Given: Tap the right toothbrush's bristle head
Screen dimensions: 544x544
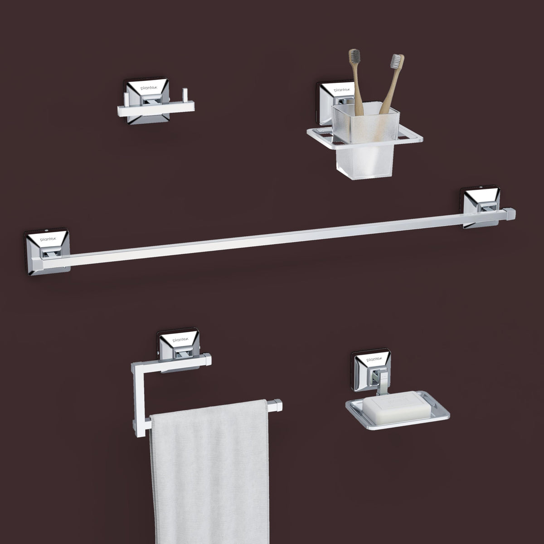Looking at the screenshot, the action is (x=396, y=62).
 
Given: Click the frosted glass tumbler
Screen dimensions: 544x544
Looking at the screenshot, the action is (x=365, y=141).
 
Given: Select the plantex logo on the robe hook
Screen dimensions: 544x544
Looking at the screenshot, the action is (x=147, y=88).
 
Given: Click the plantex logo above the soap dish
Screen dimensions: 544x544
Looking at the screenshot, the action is (x=374, y=359).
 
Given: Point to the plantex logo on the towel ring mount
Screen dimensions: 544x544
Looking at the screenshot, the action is (x=180, y=340).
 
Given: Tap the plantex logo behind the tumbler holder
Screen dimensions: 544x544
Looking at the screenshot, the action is (x=342, y=90).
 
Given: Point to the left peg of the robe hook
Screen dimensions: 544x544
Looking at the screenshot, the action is (x=126, y=100).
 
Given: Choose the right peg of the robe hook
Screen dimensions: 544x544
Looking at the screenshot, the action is (x=185, y=95).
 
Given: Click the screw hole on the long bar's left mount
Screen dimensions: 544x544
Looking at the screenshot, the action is (x=46, y=231).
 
